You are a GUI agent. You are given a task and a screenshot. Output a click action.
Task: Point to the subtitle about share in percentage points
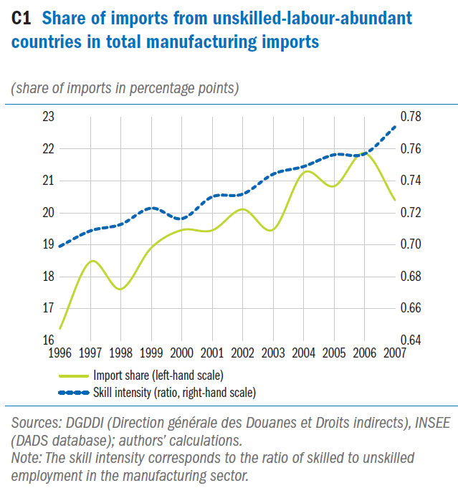pos(125,88)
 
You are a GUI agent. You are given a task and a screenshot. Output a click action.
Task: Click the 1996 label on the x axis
pos(59,353)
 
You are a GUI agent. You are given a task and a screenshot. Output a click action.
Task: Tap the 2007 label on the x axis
pos(394,353)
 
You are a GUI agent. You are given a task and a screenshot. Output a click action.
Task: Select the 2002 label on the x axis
pos(243,353)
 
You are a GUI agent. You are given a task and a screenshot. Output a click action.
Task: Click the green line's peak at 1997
pos(90,261)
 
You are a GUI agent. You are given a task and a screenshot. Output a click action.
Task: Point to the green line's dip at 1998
pos(120,289)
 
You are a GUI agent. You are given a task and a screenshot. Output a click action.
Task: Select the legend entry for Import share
pos(158,375)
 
